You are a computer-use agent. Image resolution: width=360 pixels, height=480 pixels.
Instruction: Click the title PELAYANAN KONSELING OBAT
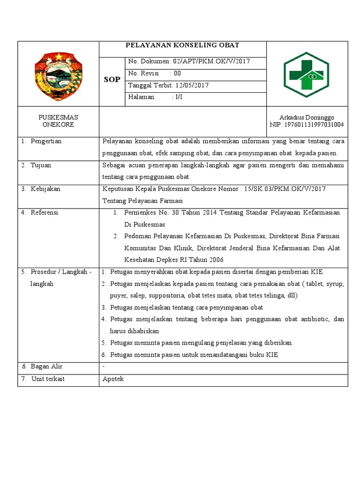click(182, 45)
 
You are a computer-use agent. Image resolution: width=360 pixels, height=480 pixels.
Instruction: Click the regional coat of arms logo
click(58, 74)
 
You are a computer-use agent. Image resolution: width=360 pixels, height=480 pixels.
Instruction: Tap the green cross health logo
click(307, 74)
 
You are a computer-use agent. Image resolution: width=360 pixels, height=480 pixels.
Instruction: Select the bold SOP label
click(112, 80)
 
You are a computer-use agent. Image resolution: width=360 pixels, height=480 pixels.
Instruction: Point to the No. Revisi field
click(154, 74)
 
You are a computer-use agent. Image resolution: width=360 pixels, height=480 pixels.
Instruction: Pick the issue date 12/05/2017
click(192, 85)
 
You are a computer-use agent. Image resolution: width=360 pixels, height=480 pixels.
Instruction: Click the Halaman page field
click(155, 97)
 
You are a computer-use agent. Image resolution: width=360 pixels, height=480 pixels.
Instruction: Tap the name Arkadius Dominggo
click(307, 117)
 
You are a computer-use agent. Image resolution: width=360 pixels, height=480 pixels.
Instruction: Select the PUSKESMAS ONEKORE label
click(58, 121)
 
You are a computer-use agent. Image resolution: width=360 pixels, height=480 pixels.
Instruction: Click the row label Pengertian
click(46, 141)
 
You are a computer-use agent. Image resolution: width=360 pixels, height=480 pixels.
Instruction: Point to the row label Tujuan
click(41, 165)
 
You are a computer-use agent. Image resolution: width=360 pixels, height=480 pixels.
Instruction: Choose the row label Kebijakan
click(45, 189)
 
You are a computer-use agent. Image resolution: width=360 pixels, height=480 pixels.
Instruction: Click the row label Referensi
click(44, 213)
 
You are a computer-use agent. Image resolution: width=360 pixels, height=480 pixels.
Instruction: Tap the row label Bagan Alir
click(46, 367)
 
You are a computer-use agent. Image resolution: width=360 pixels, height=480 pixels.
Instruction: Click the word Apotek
click(113, 379)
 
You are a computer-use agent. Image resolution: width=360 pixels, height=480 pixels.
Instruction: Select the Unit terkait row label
click(48, 379)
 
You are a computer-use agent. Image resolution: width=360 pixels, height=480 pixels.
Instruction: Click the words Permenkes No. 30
click(149, 213)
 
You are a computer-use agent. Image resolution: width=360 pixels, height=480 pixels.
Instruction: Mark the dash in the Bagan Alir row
click(104, 367)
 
